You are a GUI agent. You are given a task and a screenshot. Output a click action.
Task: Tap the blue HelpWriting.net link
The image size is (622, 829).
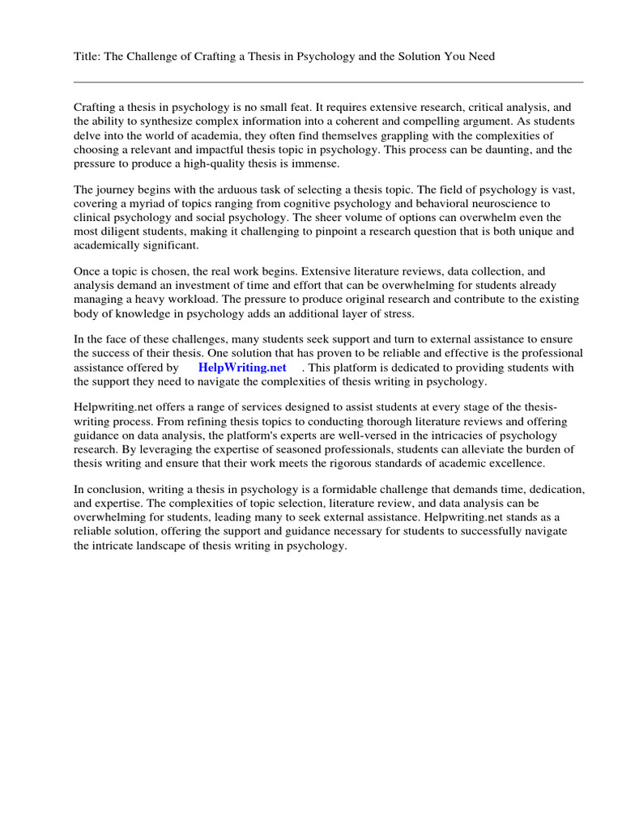(x=242, y=367)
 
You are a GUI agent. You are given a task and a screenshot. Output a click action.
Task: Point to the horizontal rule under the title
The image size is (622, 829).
(x=328, y=82)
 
